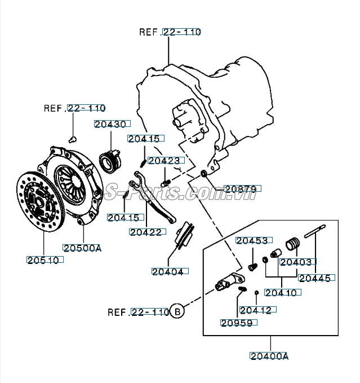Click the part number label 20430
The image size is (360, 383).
(x=112, y=124)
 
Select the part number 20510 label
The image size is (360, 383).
(x=45, y=260)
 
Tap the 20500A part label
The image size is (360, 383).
(x=82, y=248)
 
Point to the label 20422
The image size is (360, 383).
(x=148, y=232)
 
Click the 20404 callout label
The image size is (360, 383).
(x=170, y=271)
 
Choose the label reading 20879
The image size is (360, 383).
(x=242, y=189)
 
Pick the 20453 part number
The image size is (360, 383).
(x=254, y=241)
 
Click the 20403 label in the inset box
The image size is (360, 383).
(x=298, y=262)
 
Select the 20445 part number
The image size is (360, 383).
(x=317, y=278)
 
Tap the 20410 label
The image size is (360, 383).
(x=283, y=292)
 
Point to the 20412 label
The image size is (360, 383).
(x=258, y=310)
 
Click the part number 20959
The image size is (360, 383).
(x=239, y=323)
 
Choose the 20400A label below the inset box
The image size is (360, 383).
(x=269, y=356)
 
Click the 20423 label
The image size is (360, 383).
(x=166, y=161)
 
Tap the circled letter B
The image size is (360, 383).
(x=177, y=311)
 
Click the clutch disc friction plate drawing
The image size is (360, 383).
(x=41, y=202)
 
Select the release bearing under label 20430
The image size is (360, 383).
(x=110, y=160)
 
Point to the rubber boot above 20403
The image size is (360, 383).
(x=292, y=244)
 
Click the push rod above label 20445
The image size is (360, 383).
(x=315, y=231)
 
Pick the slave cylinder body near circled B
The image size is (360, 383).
(x=230, y=282)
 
